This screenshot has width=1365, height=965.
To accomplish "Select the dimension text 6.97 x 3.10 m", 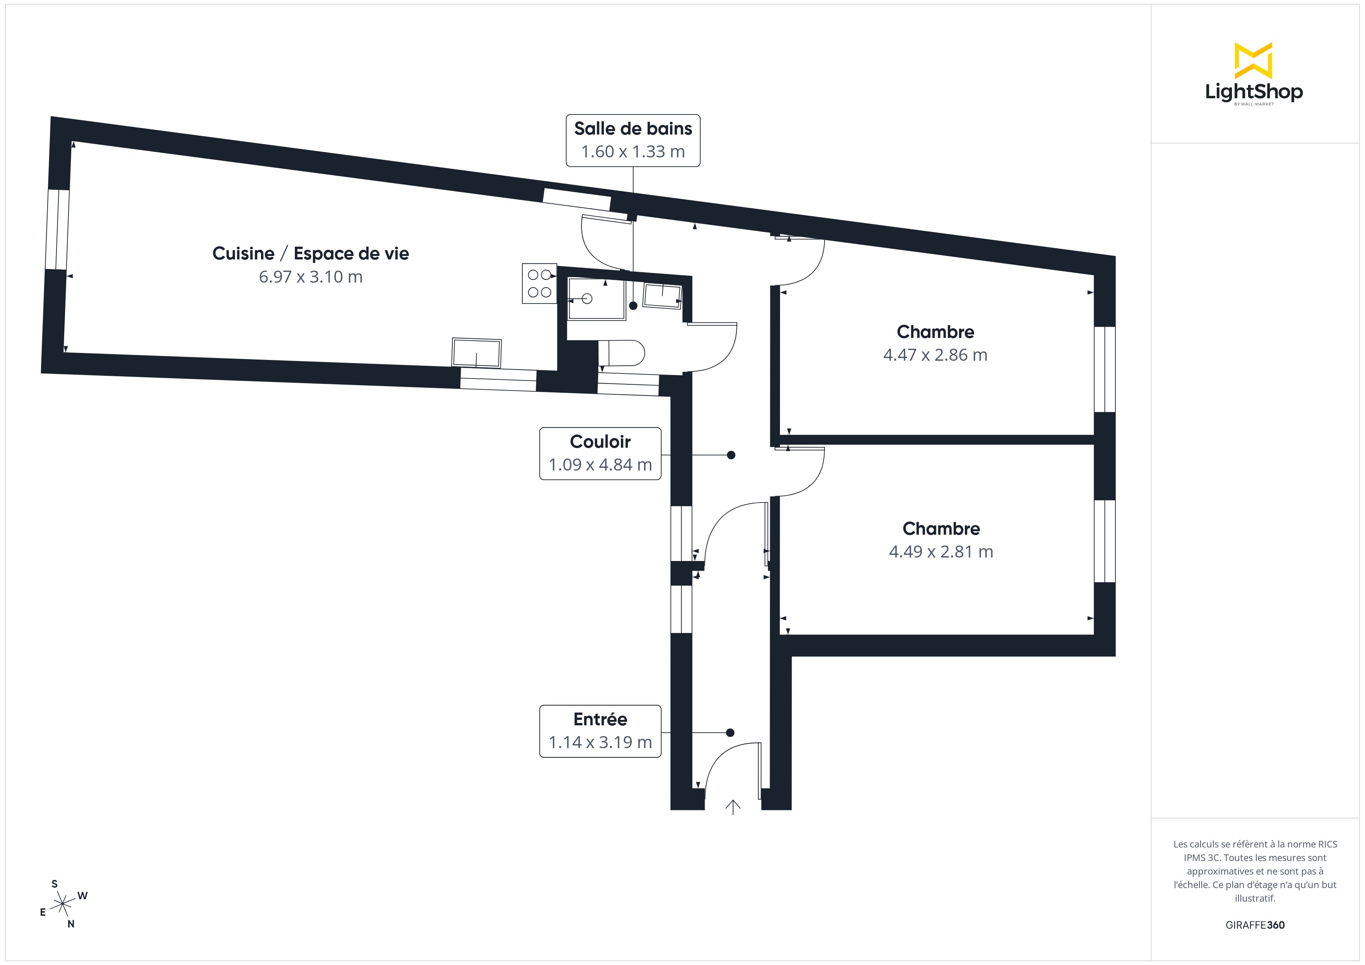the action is pyautogui.click(x=310, y=277).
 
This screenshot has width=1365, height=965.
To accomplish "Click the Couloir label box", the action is pyautogui.click(x=600, y=454).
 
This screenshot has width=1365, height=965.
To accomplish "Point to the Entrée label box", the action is pyautogui.click(x=600, y=731).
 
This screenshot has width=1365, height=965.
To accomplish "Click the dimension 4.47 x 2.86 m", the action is pyautogui.click(x=935, y=355).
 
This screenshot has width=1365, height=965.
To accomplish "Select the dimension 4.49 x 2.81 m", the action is pyautogui.click(x=941, y=551).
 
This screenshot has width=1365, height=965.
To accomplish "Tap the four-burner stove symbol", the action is pyautogui.click(x=539, y=283).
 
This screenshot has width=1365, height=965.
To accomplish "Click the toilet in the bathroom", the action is pyautogui.click(x=622, y=353).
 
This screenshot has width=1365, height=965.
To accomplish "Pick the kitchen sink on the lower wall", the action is pyautogui.click(x=477, y=353).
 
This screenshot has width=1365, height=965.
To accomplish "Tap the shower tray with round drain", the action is pyautogui.click(x=596, y=298).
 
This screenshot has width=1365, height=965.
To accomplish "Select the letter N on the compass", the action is pyautogui.click(x=71, y=924).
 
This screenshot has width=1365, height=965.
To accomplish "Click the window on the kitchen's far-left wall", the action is pyautogui.click(x=57, y=229).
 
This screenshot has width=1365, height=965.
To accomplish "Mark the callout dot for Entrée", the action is pyautogui.click(x=730, y=733).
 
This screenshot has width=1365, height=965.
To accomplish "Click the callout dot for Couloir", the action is pyautogui.click(x=730, y=455).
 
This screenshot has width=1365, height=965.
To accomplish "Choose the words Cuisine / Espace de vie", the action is pyautogui.click(x=310, y=254).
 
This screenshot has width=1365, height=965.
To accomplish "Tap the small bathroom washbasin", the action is pyautogui.click(x=662, y=296).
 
